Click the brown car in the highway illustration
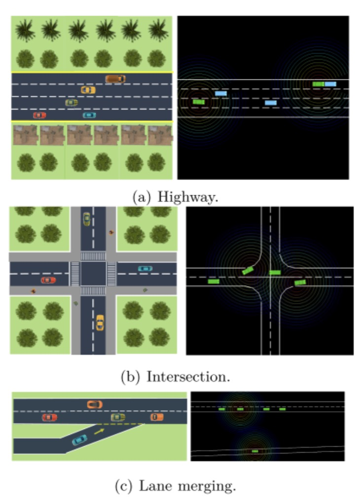pos(115,78)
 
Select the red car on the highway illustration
pos(39,115)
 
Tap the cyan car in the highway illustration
pos(89,115)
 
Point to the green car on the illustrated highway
pos(72,103)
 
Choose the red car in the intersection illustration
pos(48,280)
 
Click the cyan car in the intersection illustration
pos(144,269)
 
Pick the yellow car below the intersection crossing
pos(100,322)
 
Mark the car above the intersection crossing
pos(87,218)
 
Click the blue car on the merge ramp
pos(79,439)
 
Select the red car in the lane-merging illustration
pos(49,417)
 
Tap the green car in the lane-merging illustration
pos(117,417)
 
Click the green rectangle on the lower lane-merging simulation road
pos(255,451)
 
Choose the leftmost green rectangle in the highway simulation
pos(198,102)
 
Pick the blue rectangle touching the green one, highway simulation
pos(330,84)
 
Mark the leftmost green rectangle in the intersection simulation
pos(214,282)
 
